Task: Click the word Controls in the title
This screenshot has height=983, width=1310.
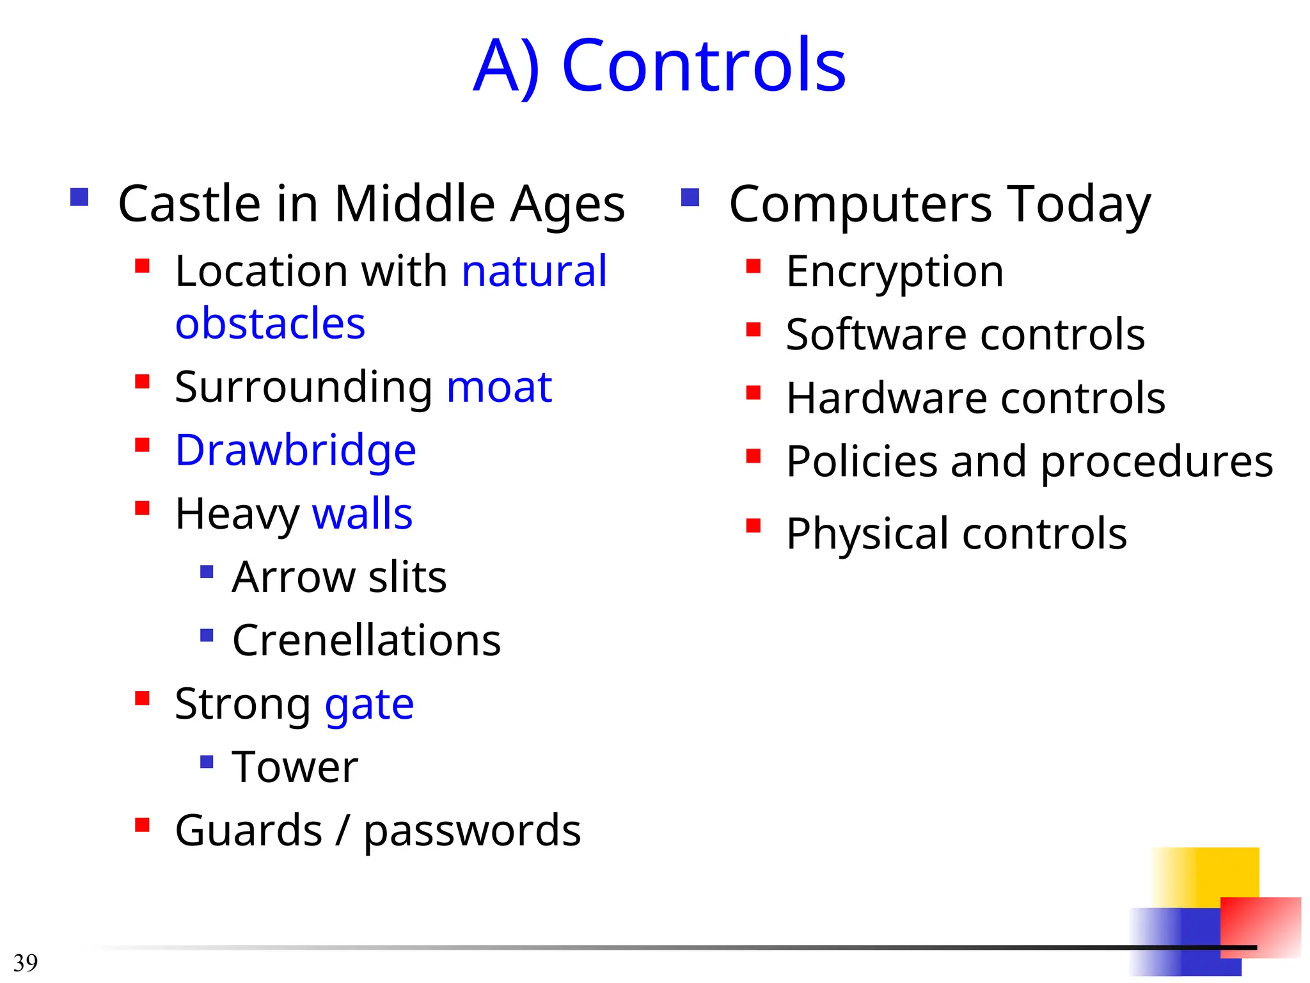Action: [x=704, y=65]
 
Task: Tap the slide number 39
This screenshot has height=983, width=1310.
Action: [x=26, y=963]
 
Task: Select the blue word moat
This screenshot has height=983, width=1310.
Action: [x=499, y=388]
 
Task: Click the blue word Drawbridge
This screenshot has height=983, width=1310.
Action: [x=296, y=451]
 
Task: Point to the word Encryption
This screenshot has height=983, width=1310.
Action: [x=894, y=272]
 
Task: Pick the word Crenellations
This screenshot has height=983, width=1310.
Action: [x=367, y=641]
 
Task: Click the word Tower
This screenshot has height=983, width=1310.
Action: [x=295, y=767]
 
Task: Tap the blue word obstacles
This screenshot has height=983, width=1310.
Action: [x=270, y=324]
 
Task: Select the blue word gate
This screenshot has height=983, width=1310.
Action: [x=369, y=705]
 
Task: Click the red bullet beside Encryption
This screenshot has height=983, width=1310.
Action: [x=754, y=266]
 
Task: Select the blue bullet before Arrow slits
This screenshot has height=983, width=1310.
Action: [x=207, y=571]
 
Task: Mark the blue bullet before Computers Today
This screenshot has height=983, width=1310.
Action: [x=690, y=197]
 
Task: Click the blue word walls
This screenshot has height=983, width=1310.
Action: [x=362, y=514]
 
